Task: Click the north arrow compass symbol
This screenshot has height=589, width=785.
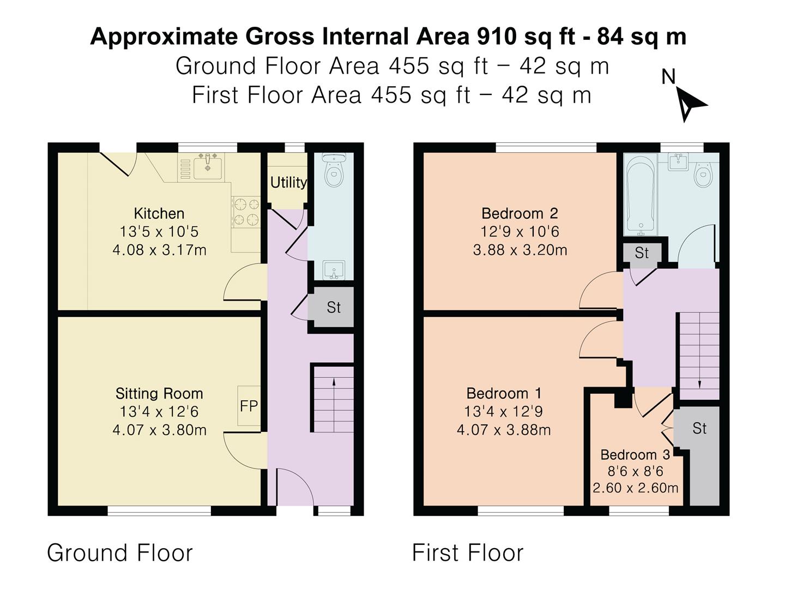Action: click(x=690, y=104)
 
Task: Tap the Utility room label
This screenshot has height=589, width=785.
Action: click(x=288, y=182)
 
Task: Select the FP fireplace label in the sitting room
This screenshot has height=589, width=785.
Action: click(x=249, y=406)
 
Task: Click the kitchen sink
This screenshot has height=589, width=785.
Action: click(x=207, y=166)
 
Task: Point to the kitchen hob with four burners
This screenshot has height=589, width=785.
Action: click(x=246, y=212)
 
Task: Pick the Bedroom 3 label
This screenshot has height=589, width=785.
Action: click(x=635, y=455)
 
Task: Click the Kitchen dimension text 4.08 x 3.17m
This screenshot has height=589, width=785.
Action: click(x=159, y=250)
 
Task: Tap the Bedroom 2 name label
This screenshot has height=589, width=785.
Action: click(x=520, y=213)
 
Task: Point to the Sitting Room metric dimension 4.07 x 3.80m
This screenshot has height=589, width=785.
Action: click(x=159, y=430)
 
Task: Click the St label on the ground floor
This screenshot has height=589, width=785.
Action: click(x=333, y=308)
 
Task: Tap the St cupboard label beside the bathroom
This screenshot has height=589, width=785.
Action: click(x=642, y=253)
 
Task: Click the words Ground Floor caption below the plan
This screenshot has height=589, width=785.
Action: click(x=120, y=553)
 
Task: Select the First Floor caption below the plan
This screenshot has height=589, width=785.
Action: click(x=467, y=553)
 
